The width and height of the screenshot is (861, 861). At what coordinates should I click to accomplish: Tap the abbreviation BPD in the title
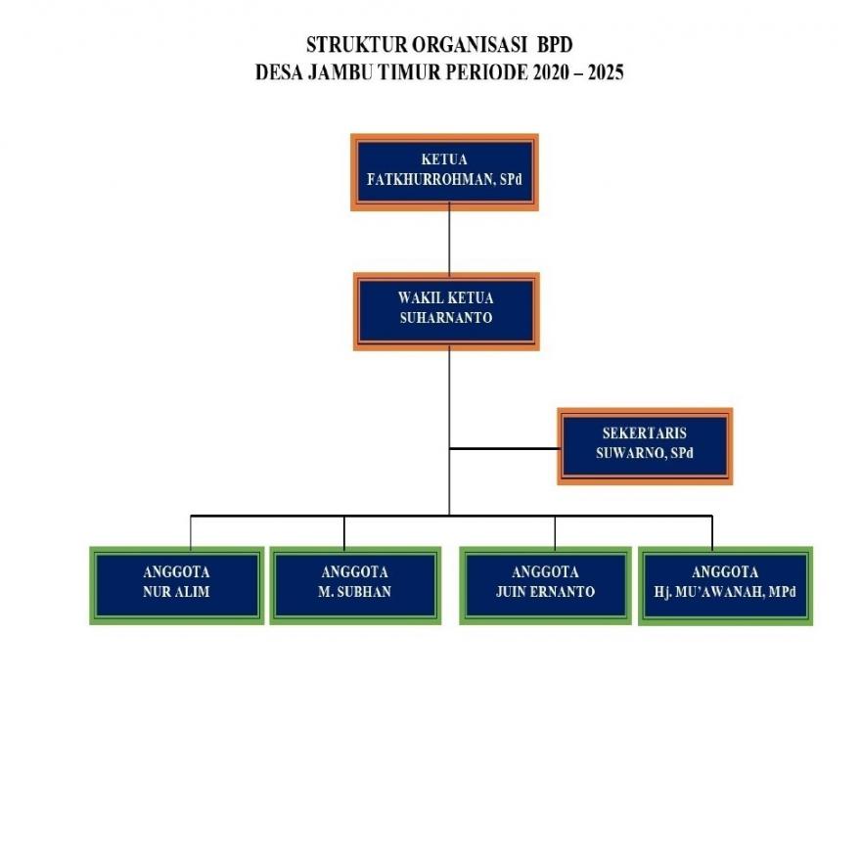point(555,45)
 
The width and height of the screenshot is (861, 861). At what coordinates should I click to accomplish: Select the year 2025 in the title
point(606,72)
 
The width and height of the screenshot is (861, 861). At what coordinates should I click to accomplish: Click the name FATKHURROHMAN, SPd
point(444,180)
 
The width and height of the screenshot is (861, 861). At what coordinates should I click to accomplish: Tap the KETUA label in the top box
point(444,159)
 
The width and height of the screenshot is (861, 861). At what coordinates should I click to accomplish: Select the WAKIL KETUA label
point(446,298)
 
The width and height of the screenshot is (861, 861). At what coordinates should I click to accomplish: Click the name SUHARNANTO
point(446,318)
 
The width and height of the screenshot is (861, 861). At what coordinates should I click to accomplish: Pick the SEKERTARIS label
point(645,433)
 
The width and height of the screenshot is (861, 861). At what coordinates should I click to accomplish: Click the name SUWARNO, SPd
point(645,453)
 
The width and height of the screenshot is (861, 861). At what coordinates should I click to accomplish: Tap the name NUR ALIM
point(176,592)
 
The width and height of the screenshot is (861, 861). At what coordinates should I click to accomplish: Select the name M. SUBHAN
point(355,592)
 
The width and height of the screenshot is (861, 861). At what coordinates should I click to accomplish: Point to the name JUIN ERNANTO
point(545,592)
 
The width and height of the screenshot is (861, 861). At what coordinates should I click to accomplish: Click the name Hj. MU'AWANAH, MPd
point(725,592)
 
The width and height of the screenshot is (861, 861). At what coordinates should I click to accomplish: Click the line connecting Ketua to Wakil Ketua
point(449,239)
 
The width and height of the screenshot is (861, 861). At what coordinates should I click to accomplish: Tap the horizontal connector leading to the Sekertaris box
point(505,449)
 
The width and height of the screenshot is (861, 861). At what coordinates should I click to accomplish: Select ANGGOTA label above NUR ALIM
point(176,572)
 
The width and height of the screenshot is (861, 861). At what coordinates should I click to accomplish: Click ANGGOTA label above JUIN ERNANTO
point(545,572)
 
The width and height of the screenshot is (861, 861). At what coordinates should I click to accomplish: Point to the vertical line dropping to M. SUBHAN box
point(344,532)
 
